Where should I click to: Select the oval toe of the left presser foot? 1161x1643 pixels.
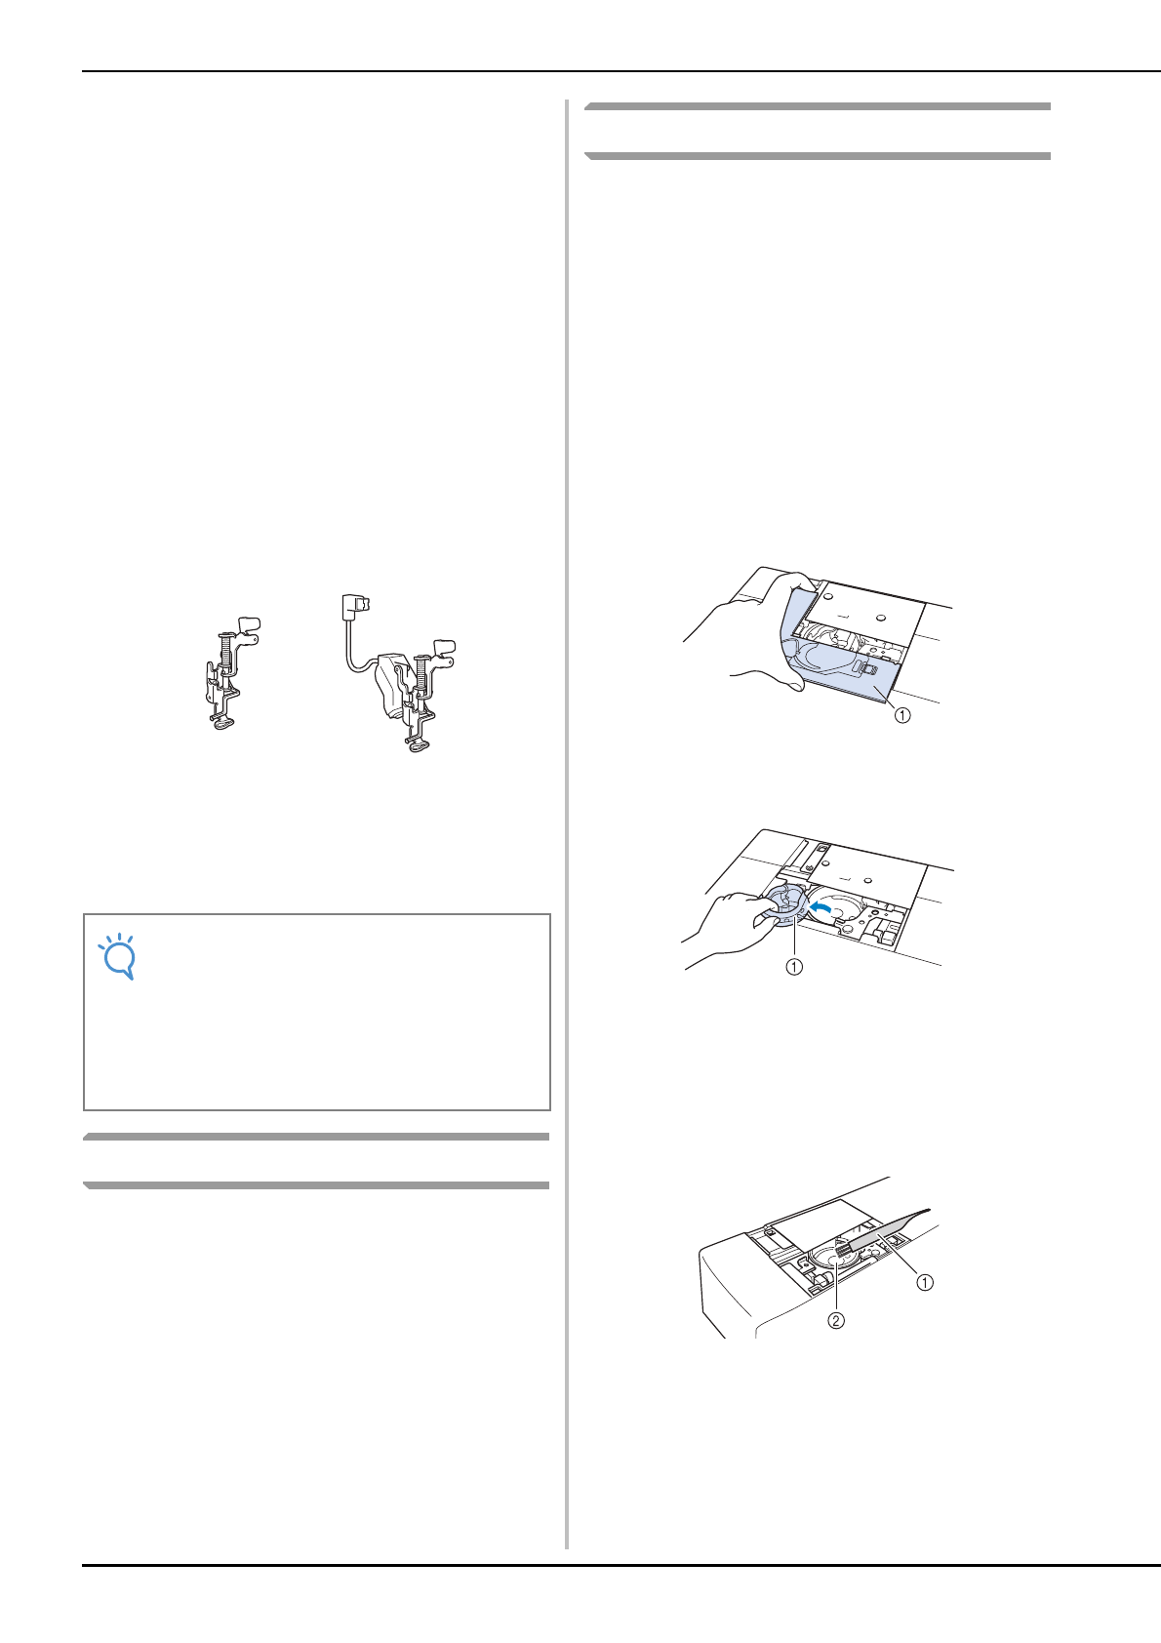(223, 723)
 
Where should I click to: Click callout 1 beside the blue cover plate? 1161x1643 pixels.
(902, 715)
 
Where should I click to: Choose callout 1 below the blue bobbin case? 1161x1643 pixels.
(795, 968)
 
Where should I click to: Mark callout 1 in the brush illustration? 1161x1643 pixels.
(923, 1282)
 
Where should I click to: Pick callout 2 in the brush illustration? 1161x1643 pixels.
(836, 1321)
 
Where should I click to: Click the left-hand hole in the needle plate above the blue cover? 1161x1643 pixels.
(826, 591)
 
